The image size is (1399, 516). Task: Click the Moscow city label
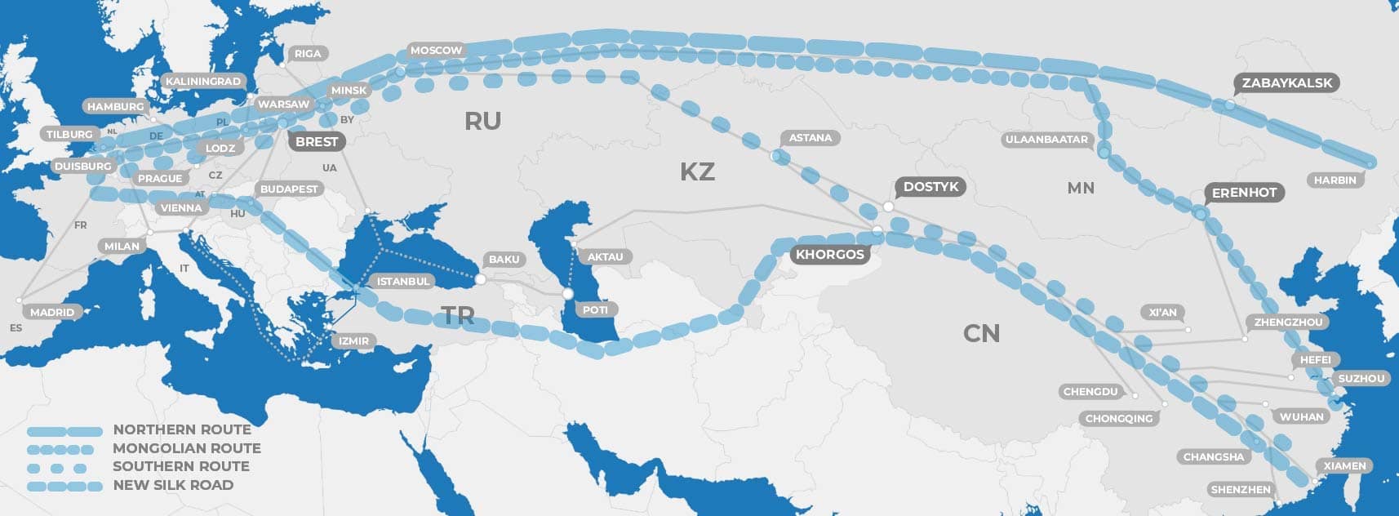[x=436, y=51]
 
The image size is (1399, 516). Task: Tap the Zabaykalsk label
[x=1286, y=82]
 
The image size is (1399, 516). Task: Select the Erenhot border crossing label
[x=1244, y=193]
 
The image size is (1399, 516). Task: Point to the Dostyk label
[x=930, y=187]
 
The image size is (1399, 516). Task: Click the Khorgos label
[x=829, y=255]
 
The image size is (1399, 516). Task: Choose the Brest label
[x=317, y=142]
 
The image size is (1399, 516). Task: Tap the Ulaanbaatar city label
[x=1046, y=140]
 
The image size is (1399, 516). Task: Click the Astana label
[x=810, y=138]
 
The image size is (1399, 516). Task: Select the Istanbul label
[x=402, y=281]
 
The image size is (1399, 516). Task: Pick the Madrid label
[x=52, y=312]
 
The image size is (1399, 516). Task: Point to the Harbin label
[x=1335, y=180]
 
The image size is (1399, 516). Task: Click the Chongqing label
[x=1119, y=418]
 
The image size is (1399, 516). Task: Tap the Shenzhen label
[x=1241, y=490]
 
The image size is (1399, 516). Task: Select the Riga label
[x=308, y=54]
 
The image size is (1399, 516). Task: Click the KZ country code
[x=697, y=171]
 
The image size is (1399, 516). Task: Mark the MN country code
[x=1081, y=188]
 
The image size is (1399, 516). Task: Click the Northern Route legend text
[x=182, y=429]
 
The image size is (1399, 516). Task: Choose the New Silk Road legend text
[x=173, y=485]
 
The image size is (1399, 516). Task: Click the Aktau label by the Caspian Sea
[x=605, y=257]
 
